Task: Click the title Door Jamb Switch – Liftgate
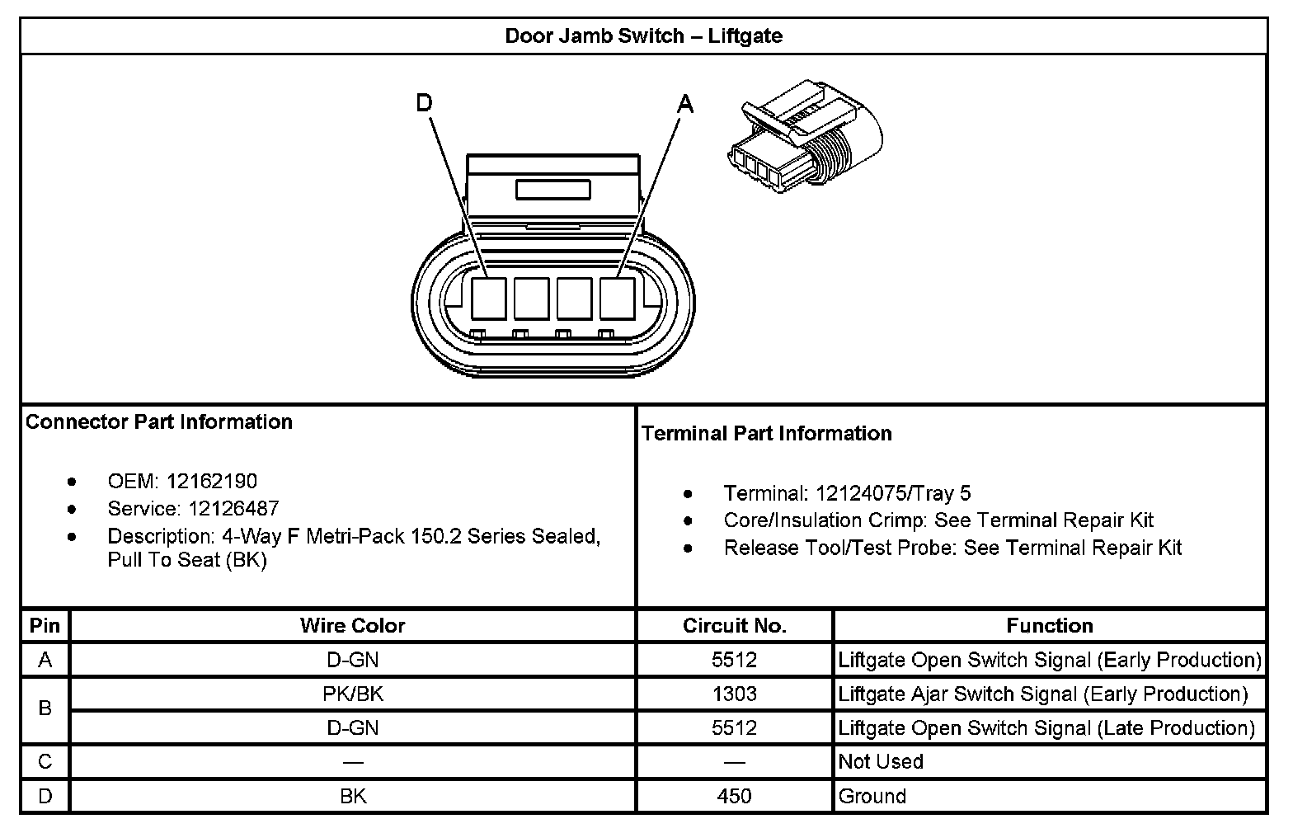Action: click(643, 36)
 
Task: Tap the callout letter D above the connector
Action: click(424, 102)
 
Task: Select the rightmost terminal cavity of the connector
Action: click(617, 298)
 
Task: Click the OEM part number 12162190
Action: click(212, 481)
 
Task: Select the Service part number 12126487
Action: click(233, 508)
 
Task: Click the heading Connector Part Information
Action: click(159, 421)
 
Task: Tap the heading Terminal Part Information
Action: click(766, 433)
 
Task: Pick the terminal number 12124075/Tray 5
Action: click(893, 493)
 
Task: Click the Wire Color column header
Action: click(352, 625)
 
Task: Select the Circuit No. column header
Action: click(734, 625)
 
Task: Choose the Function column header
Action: click(1049, 625)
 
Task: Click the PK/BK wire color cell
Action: click(352, 694)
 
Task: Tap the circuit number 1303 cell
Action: click(734, 694)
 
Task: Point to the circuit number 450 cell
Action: click(734, 796)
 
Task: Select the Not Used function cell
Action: click(880, 761)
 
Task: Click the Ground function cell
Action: click(872, 796)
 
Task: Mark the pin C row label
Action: click(45, 761)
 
